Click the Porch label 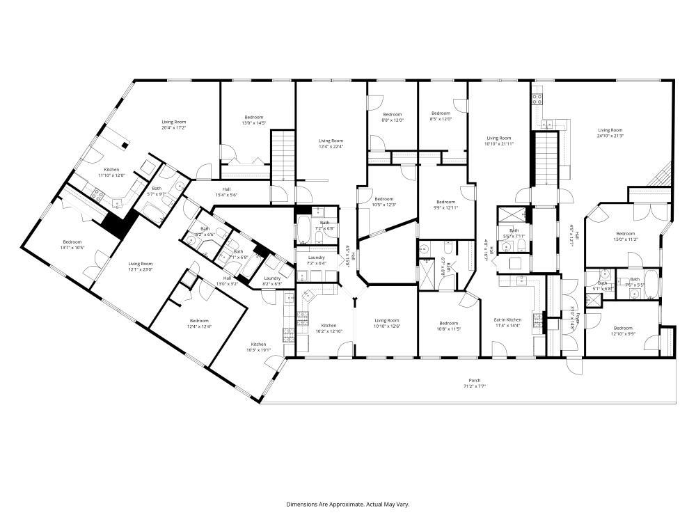click(475, 383)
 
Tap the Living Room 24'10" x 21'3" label click(610, 133)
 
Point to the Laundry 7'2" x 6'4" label click(317, 260)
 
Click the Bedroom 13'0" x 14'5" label click(254, 120)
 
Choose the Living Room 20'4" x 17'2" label click(173, 125)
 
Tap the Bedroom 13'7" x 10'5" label click(72, 244)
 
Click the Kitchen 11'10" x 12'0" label click(111, 173)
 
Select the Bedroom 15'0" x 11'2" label click(625, 236)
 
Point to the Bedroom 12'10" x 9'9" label click(622, 331)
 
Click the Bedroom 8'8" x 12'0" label click(392, 117)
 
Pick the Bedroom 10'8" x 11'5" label click(448, 325)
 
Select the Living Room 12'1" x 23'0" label click(141, 267)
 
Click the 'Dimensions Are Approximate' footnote click(347, 503)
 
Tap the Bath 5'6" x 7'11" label click(514, 233)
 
